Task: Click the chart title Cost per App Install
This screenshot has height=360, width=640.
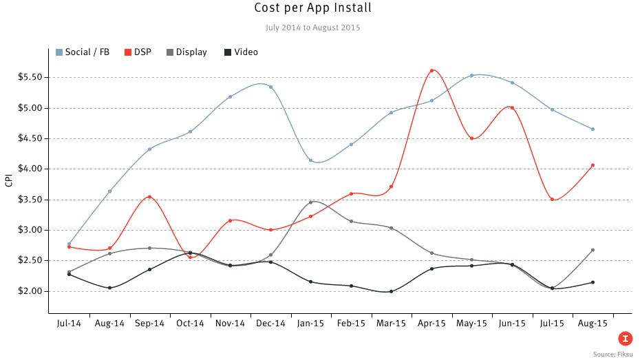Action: point(312,9)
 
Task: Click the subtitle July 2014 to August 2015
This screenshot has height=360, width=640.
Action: point(312,28)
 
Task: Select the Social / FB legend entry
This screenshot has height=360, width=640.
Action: point(87,52)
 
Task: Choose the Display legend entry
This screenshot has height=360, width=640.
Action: point(191,52)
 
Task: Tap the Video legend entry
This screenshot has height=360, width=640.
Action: point(246,52)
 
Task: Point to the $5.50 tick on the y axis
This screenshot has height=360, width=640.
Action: point(31,77)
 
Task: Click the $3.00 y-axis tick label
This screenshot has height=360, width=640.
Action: point(31,230)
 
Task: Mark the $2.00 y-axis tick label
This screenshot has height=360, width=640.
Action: point(31,291)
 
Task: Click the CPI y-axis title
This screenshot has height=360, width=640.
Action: point(8,181)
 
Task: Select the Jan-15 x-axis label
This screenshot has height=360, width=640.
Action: point(311,323)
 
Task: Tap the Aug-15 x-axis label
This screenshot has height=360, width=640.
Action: point(593,323)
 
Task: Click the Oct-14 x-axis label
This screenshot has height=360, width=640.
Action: point(190,323)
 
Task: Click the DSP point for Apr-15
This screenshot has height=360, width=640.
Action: point(431,70)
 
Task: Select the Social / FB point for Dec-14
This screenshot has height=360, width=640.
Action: point(270,87)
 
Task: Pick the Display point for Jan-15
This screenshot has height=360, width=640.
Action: point(311,202)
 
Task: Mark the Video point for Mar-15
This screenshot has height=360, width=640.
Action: point(391,291)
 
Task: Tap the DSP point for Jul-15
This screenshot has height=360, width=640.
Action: point(553,200)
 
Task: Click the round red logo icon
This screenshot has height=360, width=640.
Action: point(626,338)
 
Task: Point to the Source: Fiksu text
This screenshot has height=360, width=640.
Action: point(613,354)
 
